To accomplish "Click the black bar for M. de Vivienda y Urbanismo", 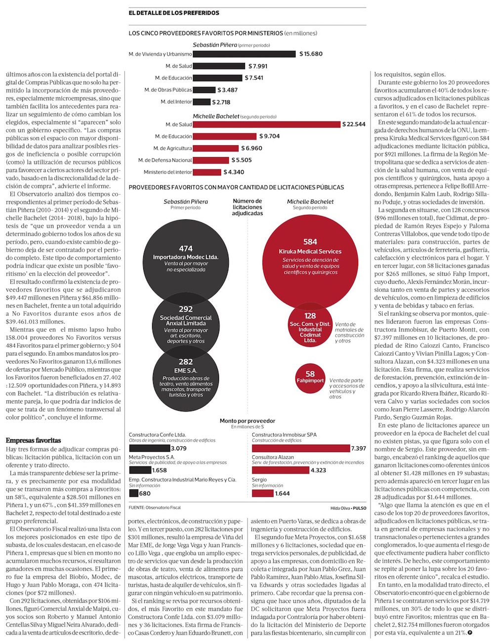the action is [x=244, y=54].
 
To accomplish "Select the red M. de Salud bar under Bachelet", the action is [x=266, y=124].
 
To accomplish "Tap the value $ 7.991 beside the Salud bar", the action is [x=257, y=66].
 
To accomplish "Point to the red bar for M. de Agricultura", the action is [x=215, y=148].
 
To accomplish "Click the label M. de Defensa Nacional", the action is [x=165, y=160].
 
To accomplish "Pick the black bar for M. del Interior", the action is [x=202, y=102].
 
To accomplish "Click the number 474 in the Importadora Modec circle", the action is [x=186, y=249].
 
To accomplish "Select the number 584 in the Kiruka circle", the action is [x=310, y=242].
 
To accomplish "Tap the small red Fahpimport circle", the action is [x=310, y=379].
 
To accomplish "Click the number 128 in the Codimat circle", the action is [x=310, y=316].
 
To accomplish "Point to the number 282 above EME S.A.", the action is [x=186, y=362].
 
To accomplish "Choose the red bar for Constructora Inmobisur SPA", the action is [x=301, y=448].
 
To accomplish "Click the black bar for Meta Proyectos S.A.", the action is [x=140, y=470].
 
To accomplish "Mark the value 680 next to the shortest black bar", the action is [x=145, y=493].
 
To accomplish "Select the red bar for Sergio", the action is [x=262, y=493].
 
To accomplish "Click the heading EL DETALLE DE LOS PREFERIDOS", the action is [x=174, y=13].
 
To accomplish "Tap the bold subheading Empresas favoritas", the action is [x=34, y=440].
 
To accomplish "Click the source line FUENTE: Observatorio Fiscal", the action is [x=155, y=507].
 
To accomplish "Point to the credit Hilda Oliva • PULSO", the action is [x=348, y=508].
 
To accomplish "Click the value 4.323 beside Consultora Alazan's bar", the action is [x=319, y=470].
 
